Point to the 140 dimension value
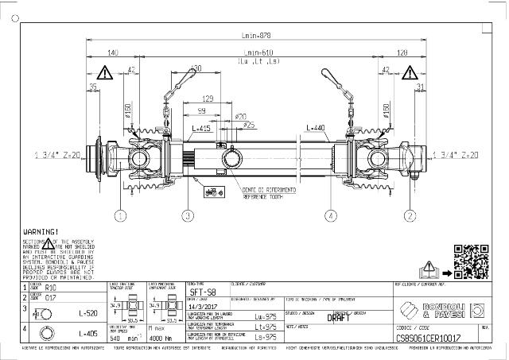coord(112,52)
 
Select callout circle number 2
coord(410,215)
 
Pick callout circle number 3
coord(188,215)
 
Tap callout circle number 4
coord(331,215)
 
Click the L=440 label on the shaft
coord(315,128)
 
